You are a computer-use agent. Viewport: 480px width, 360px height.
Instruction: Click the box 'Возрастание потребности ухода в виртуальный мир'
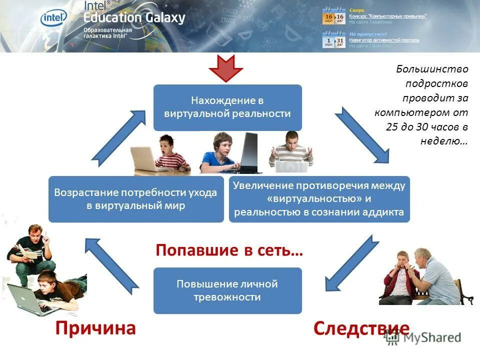tap(136, 199)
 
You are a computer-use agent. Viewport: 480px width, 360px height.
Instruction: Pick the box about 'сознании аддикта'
tap(319, 199)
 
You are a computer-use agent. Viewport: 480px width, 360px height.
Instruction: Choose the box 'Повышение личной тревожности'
tap(227, 290)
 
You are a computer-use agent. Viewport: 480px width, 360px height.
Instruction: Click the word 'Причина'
tap(95, 328)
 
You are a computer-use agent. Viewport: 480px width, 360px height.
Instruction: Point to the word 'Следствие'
tap(361, 328)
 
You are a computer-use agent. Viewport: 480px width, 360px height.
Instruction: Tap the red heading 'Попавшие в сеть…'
tap(229, 250)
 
